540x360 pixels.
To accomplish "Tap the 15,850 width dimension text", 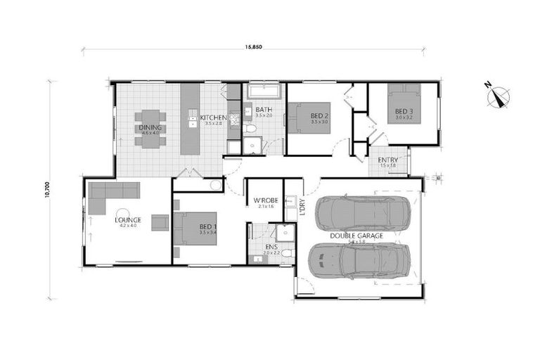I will [254, 48].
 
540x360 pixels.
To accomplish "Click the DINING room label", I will [150, 128].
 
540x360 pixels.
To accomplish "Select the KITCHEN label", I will [212, 117].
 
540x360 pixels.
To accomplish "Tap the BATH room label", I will [264, 110].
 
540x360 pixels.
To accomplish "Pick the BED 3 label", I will [403, 112].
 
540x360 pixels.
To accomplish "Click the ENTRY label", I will [388, 160].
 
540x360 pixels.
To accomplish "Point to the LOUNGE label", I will [128, 220].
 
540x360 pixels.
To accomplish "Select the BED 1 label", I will [207, 227].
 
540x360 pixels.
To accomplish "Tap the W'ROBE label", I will [266, 201].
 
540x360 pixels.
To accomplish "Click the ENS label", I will [271, 247].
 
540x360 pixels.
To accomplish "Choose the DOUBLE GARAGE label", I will [356, 236].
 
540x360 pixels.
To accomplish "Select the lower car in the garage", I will [359, 261].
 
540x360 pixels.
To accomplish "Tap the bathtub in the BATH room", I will [264, 91].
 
